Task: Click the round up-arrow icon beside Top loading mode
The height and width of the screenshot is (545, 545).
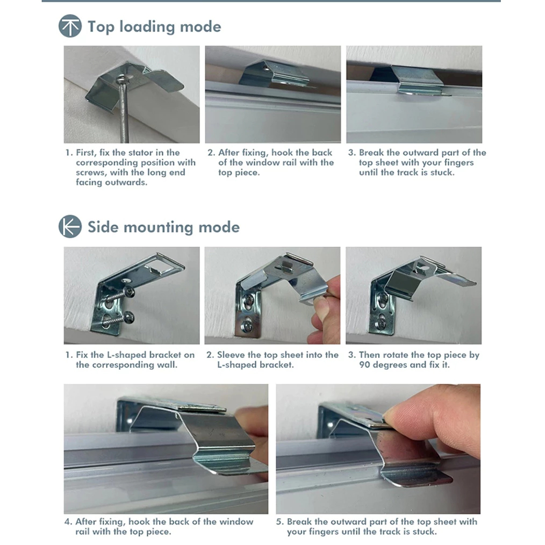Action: [x=70, y=26]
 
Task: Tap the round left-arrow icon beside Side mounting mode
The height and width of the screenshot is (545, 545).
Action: [x=70, y=226]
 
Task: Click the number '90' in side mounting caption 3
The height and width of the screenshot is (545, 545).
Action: [x=364, y=365]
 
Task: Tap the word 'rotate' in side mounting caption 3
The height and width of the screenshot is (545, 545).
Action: [x=395, y=355]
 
